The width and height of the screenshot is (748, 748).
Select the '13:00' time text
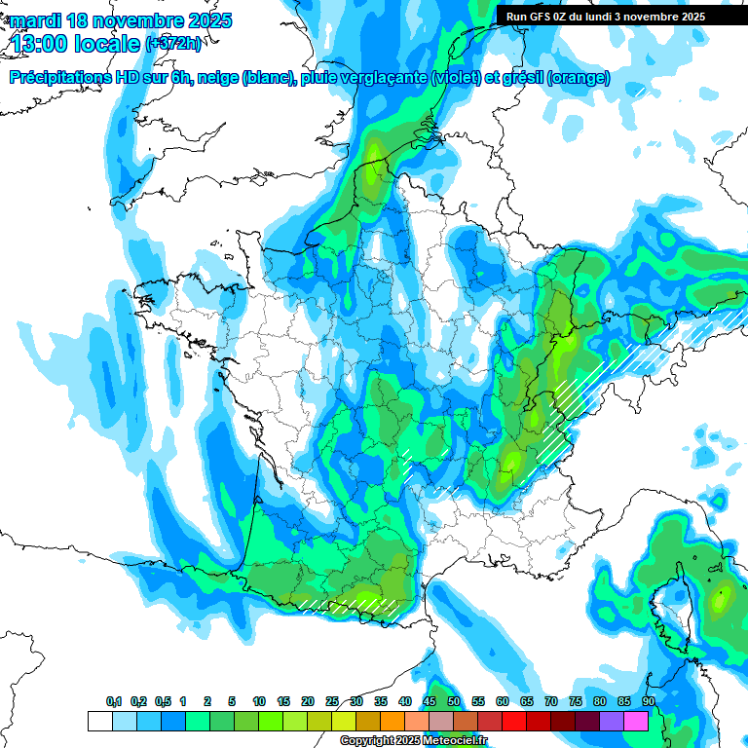39,44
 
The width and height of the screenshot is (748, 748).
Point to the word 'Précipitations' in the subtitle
63,78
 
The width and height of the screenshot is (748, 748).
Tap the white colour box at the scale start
99,721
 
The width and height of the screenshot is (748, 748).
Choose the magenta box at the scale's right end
636,721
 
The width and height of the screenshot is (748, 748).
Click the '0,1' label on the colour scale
114,702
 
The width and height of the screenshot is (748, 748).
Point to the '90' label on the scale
649,702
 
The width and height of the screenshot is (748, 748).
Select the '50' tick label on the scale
454,702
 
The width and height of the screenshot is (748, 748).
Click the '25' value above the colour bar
332,702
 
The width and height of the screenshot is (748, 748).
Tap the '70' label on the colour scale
551,702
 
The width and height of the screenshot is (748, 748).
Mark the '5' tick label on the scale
233,702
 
